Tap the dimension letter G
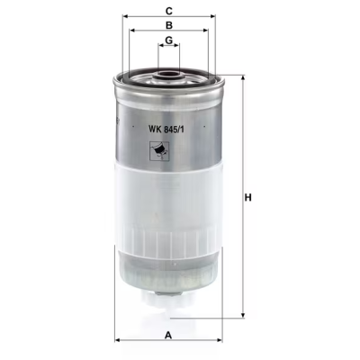point(168,42)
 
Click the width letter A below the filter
point(168,336)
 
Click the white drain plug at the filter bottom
point(170,310)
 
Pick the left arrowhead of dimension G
point(159,49)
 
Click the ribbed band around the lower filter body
point(169,240)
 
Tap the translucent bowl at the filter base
point(169,274)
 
